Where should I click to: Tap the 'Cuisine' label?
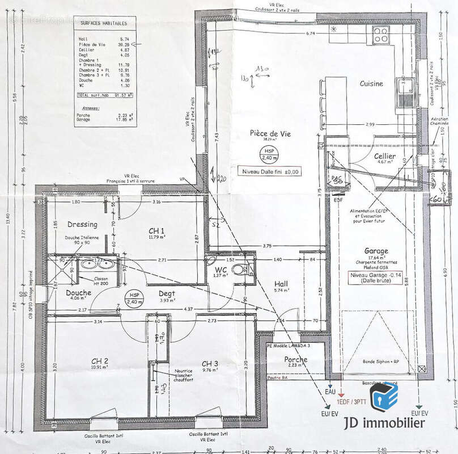[x=371, y=83]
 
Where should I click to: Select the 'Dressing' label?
[x=83, y=224]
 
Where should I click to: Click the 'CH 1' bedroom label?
[x=156, y=230]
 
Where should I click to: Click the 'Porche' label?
[x=296, y=359]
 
